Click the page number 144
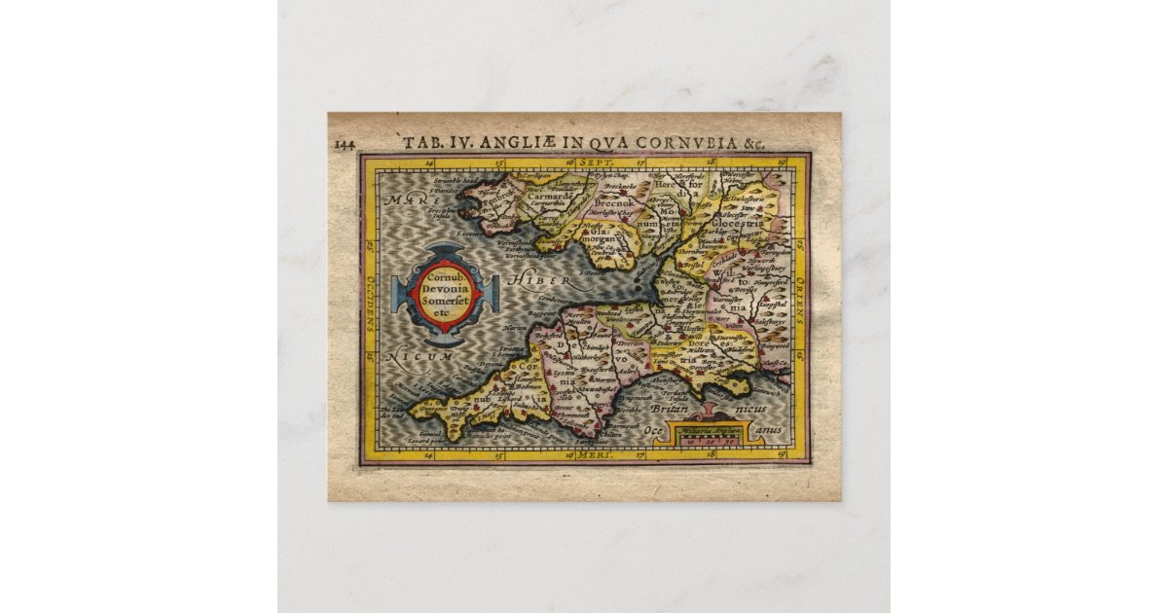point(345,146)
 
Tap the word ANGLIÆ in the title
point(522,142)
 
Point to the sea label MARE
point(406,200)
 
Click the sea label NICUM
point(420,358)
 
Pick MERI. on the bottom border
point(592,454)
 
